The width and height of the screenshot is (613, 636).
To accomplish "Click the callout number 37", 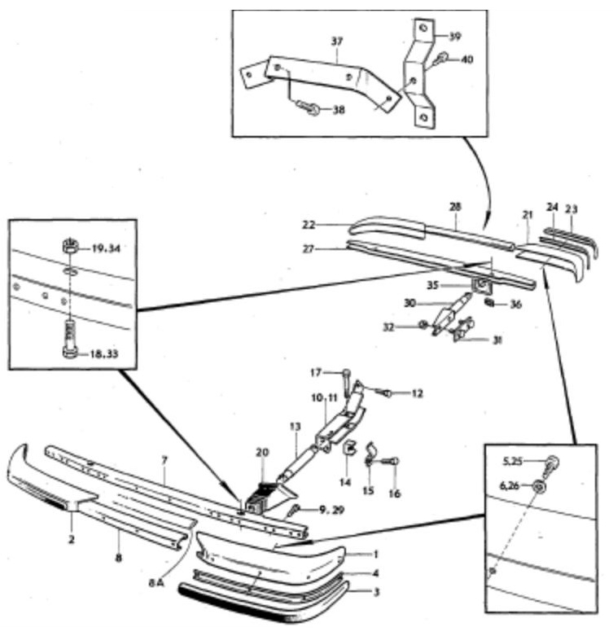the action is point(336,42).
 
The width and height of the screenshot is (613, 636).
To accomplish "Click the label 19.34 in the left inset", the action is point(106,248).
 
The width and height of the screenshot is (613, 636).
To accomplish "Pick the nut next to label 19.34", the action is point(70,246).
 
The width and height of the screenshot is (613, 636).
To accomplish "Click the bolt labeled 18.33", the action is point(69,339).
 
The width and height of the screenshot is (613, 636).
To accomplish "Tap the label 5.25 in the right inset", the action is point(512,461).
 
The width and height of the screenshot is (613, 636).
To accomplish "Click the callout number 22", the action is point(309,224).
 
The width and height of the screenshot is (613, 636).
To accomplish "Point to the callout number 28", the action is point(455,207).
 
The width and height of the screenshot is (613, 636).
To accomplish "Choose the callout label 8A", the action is point(156,584).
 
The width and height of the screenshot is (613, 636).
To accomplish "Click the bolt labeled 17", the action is point(345,381).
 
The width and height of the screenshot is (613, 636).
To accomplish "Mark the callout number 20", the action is point(262,452).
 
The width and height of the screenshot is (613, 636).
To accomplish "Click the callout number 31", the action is point(497,340).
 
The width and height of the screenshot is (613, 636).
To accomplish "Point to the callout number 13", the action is point(296,427).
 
